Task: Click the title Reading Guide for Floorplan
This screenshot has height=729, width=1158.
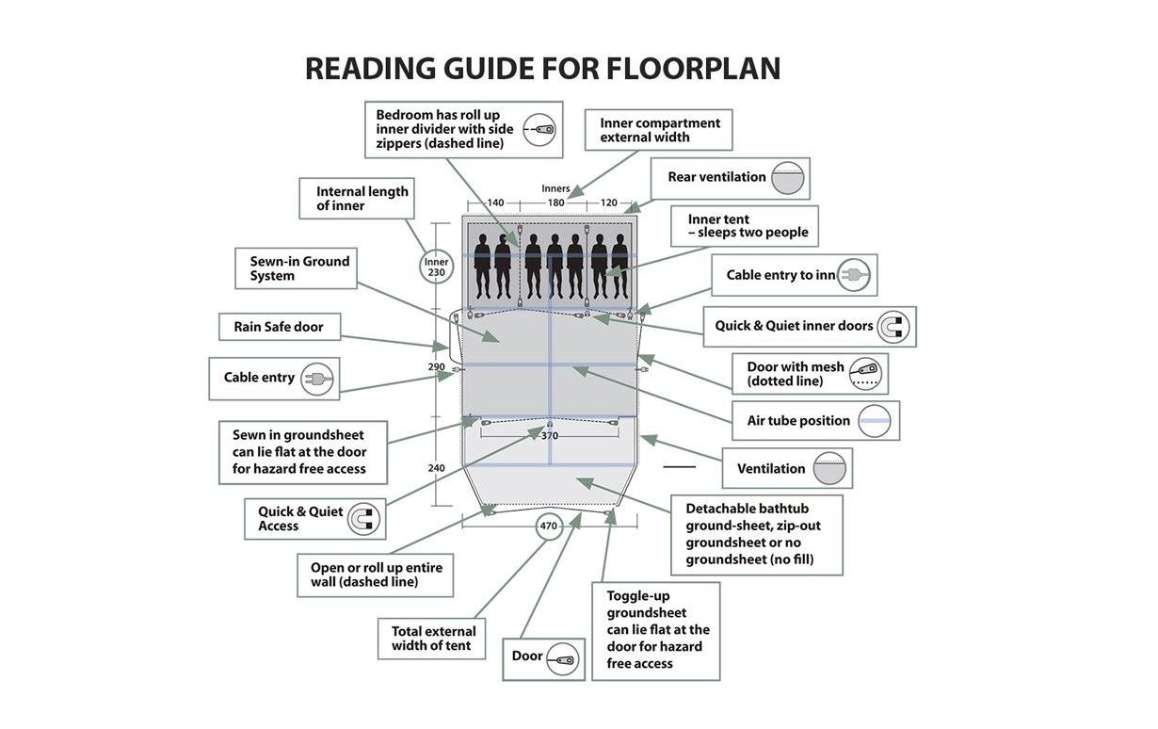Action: (x=542, y=69)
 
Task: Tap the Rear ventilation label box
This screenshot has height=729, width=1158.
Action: (x=730, y=178)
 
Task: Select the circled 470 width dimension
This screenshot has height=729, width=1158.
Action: (x=548, y=526)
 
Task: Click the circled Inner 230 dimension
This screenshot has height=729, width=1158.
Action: (x=436, y=267)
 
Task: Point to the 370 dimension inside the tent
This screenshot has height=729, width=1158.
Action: (x=549, y=435)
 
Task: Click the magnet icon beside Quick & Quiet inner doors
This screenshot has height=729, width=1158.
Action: (x=893, y=326)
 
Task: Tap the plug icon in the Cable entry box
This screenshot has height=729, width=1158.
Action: (x=317, y=379)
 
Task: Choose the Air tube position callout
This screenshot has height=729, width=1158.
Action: (x=815, y=421)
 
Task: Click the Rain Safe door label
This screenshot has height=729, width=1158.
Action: (x=279, y=327)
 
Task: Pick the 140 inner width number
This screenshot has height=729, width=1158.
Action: (x=495, y=202)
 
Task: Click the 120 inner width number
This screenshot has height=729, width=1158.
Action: (x=609, y=202)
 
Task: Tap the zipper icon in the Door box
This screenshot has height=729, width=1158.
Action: (x=562, y=658)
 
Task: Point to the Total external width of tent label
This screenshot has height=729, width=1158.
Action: (x=433, y=638)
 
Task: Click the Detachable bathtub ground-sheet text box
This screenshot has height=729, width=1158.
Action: (x=756, y=534)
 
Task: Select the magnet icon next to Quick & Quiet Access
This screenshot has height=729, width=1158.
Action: (x=363, y=519)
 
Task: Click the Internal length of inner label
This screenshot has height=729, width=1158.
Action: (x=362, y=198)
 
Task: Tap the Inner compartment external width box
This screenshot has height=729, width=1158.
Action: (x=659, y=130)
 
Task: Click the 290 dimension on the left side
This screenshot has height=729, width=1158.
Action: (x=436, y=367)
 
